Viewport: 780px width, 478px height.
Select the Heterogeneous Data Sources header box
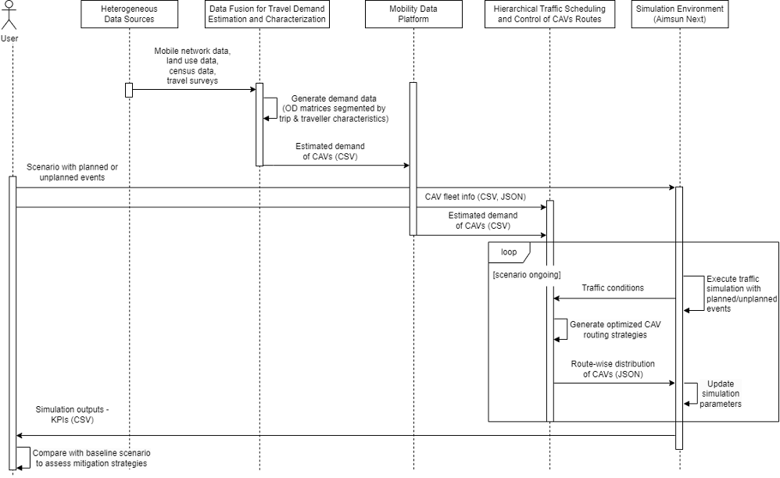[x=129, y=14]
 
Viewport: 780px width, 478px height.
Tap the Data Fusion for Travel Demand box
[x=267, y=14]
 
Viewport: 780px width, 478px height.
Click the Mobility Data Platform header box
[x=413, y=14]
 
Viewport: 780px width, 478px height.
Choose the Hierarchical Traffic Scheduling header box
[x=549, y=14]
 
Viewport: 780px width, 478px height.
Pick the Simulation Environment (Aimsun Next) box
[x=679, y=14]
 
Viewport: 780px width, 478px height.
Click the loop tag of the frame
[x=509, y=251]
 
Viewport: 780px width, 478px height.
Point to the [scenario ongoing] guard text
[x=527, y=273]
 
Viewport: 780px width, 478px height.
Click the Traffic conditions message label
[x=613, y=287]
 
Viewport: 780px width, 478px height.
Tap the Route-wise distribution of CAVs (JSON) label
[x=613, y=369]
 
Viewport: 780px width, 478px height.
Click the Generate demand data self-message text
[x=334, y=108]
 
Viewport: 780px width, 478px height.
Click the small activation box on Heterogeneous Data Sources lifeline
[x=129, y=90]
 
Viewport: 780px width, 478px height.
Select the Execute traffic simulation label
[x=732, y=294]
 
